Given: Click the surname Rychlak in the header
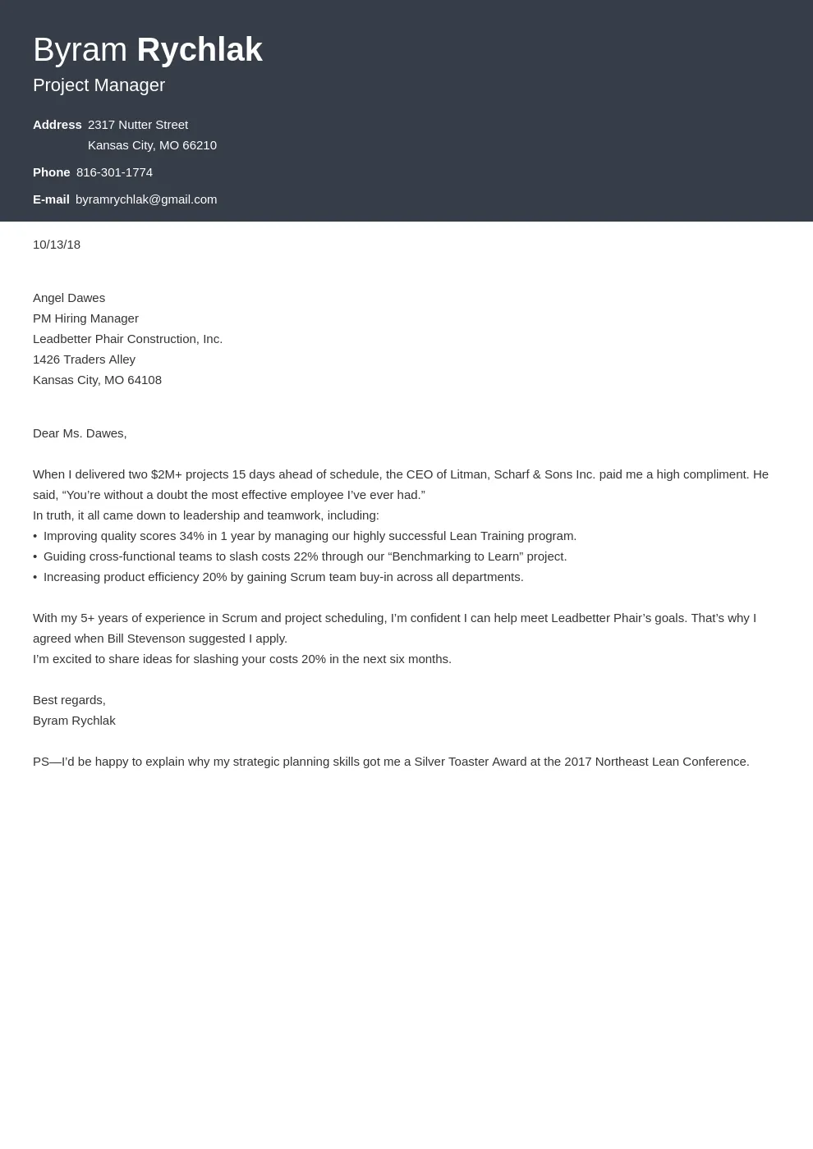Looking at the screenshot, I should [200, 50].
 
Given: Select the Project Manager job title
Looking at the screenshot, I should [99, 85].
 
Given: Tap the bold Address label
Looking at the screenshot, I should [57, 125].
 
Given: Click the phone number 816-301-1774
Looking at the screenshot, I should [114, 172].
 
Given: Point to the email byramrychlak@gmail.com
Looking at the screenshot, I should [146, 199].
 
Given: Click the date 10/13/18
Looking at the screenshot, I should [57, 245].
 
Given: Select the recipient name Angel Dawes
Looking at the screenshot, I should [69, 298].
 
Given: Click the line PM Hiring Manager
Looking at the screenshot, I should [85, 318].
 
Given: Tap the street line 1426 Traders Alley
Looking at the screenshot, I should [84, 359].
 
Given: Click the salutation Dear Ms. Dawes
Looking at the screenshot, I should [80, 433].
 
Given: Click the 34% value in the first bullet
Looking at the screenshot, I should [191, 536].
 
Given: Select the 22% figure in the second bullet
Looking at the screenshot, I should [305, 556].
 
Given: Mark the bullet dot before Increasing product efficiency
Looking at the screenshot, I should [35, 577].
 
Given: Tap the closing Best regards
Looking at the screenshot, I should [69, 700].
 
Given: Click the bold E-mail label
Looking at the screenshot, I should [51, 199].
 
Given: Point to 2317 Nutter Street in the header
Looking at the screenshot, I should [138, 125].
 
